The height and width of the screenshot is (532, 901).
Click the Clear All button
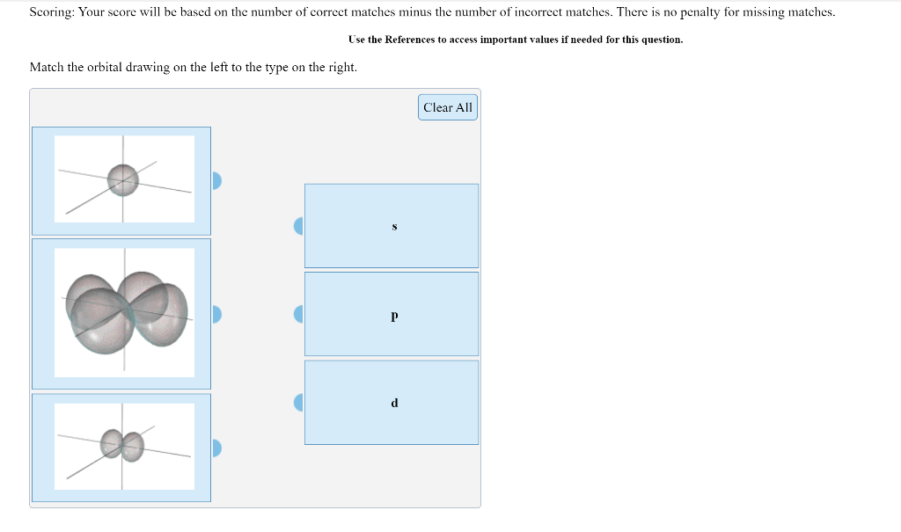(448, 107)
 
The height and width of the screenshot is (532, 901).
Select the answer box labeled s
(392, 226)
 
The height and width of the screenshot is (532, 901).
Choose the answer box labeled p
(392, 314)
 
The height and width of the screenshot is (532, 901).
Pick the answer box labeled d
(392, 403)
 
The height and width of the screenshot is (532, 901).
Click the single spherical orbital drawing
(124, 179)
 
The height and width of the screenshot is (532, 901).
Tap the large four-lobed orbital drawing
(124, 312)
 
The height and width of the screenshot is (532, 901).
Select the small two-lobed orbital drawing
(124, 446)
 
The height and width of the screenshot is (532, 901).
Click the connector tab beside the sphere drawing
(216, 180)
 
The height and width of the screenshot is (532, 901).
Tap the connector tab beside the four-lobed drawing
(216, 314)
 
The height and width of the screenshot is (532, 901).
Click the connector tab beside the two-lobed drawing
(216, 448)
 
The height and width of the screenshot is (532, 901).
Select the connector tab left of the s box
(298, 226)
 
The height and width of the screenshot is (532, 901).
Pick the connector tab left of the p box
(298, 314)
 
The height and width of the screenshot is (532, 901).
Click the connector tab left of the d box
(298, 403)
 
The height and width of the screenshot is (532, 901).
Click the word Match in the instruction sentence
(46, 67)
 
